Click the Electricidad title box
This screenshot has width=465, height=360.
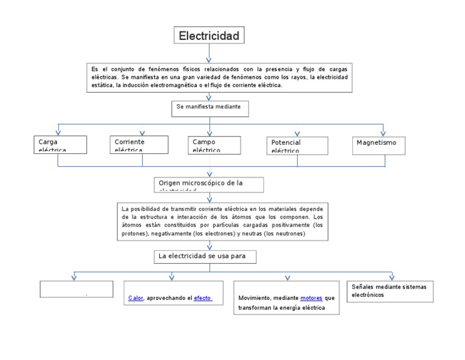209,36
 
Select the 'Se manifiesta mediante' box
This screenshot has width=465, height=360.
209,107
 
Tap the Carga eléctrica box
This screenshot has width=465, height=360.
58,144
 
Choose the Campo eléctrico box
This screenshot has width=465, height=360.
209,144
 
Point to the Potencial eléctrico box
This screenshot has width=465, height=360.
297,145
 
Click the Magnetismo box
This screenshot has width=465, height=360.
378,144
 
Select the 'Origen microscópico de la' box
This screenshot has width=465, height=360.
209,184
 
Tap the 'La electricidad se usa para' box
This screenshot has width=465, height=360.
206,257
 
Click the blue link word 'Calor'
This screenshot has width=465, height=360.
136,298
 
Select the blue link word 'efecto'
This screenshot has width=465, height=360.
202,298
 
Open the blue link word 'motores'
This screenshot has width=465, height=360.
311,298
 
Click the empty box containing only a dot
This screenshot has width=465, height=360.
76,289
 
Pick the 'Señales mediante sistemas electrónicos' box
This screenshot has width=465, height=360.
391,290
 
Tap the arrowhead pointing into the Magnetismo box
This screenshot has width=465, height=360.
383,133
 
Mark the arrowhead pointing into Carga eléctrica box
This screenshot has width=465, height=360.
58,133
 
